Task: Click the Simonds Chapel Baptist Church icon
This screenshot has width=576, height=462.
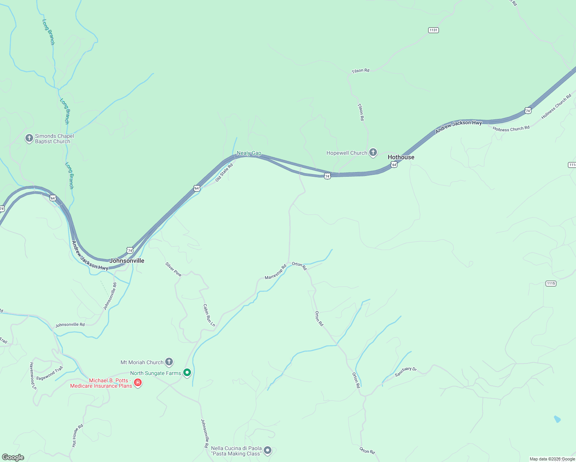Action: pos(29,138)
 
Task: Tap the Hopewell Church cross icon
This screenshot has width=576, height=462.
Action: pos(373,152)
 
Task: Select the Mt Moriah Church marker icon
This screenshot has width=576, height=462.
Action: pos(169,362)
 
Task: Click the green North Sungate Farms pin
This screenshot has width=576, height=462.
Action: pos(187,372)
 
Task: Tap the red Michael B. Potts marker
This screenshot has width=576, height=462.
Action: pos(138,383)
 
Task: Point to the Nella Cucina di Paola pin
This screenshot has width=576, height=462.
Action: pos(268,450)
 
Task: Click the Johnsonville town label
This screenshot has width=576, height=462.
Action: pos(127,261)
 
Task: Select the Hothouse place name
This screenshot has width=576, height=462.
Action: pos(401,157)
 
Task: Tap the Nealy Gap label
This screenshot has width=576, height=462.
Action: pos(249,153)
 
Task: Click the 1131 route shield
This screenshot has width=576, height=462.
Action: pos(434,30)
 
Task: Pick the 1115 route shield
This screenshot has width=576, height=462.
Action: pos(551,283)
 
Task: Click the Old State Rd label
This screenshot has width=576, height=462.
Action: pos(224,172)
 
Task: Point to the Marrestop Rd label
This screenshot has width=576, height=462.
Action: pos(276,272)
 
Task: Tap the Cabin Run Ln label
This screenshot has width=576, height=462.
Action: pos(209,315)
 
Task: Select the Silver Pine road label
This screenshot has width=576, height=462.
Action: pos(173,269)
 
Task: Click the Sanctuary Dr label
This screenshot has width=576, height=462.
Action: pos(405,372)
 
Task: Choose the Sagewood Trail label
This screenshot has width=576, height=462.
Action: pos(49,373)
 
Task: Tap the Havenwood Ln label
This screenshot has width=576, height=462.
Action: pos(33,376)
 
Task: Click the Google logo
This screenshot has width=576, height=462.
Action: pos(13,457)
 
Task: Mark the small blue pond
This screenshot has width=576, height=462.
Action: pos(557,419)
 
